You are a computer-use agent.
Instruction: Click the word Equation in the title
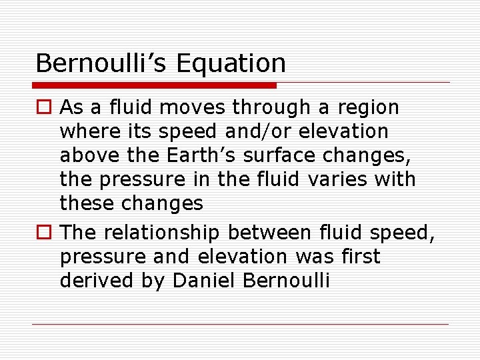(x=231, y=63)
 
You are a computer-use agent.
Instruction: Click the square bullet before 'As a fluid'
(x=44, y=107)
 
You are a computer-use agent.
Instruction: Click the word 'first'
(x=358, y=257)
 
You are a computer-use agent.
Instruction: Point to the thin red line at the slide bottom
(x=240, y=325)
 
